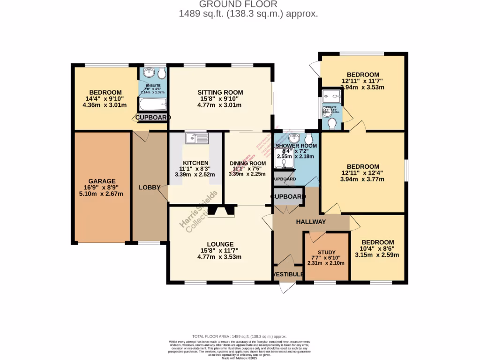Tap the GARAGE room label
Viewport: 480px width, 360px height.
(102, 181)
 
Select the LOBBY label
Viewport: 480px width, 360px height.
(150, 187)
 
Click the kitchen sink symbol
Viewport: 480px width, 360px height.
(196, 138)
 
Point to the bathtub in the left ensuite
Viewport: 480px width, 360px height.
(151, 104)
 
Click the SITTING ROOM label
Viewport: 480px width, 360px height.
(220, 92)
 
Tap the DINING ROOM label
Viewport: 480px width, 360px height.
(247, 164)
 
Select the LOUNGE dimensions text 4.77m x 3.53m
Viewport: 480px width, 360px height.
(219, 257)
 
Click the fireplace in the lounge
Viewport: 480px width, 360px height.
(220, 211)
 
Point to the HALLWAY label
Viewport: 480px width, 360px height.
(310, 222)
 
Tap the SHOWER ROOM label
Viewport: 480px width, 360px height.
(296, 146)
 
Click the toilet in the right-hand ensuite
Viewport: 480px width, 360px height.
(333, 123)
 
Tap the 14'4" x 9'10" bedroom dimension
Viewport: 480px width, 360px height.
(105, 99)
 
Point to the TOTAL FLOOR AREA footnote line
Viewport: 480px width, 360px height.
(240, 336)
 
